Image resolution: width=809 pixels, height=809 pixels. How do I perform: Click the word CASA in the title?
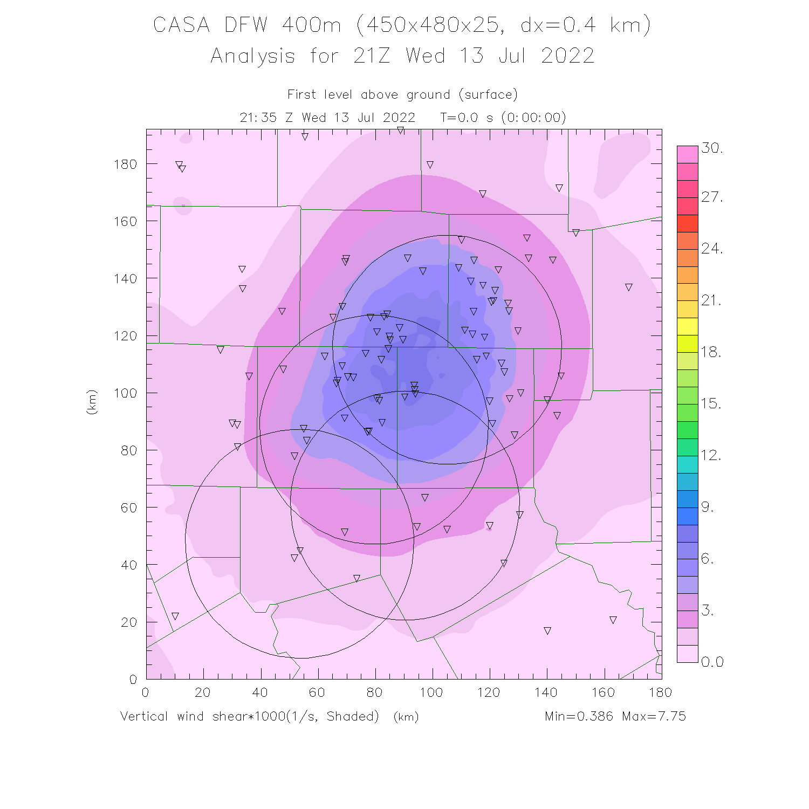point(181,25)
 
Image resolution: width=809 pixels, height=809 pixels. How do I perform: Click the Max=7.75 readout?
point(654,716)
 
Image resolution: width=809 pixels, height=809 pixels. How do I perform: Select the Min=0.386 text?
point(579,716)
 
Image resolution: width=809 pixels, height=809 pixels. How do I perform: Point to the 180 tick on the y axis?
point(125,164)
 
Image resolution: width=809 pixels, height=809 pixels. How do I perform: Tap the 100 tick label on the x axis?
point(431,693)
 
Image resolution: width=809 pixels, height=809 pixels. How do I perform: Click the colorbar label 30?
point(712,148)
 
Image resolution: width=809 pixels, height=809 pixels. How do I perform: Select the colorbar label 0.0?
point(712,662)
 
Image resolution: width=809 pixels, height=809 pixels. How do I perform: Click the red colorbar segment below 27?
point(688,223)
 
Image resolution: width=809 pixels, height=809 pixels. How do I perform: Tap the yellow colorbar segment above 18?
point(688,326)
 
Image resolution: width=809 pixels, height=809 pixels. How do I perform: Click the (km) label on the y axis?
point(92,402)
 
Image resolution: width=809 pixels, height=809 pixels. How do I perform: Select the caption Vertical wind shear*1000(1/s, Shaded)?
point(250,716)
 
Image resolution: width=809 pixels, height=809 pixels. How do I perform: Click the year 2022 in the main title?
point(567,56)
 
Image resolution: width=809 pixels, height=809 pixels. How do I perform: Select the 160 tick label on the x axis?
point(603,693)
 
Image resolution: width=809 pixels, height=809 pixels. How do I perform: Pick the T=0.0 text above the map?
point(459,118)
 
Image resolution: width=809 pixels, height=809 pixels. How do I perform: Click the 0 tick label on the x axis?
point(145,693)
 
